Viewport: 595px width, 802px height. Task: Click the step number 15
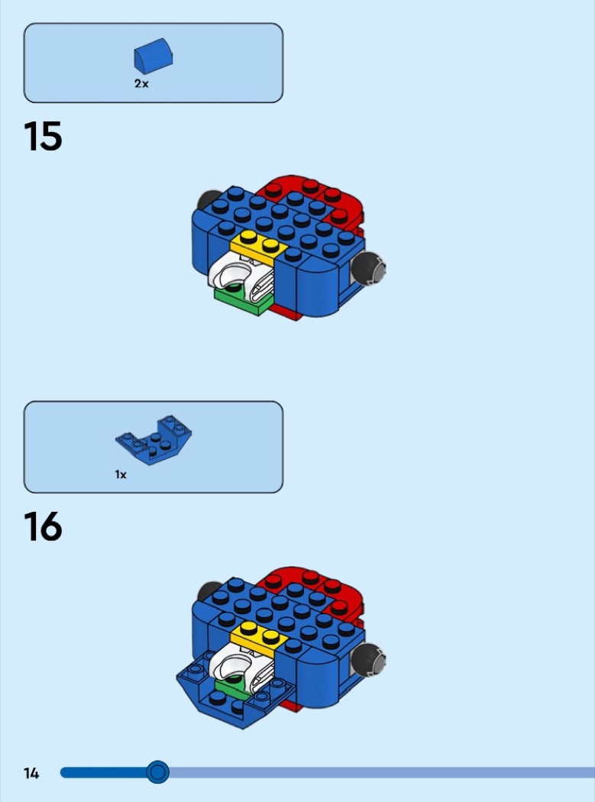pos(43,136)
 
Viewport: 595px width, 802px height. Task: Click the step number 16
pos(43,527)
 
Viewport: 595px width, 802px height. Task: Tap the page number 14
pos(31,773)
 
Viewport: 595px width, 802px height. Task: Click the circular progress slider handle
pos(157,771)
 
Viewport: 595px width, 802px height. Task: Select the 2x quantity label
pos(141,84)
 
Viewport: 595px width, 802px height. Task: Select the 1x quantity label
pos(121,474)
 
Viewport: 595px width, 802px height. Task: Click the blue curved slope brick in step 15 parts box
pos(153,55)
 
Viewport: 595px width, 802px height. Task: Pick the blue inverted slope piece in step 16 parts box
pos(153,439)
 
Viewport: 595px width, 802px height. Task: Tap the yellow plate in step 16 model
pos(258,635)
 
